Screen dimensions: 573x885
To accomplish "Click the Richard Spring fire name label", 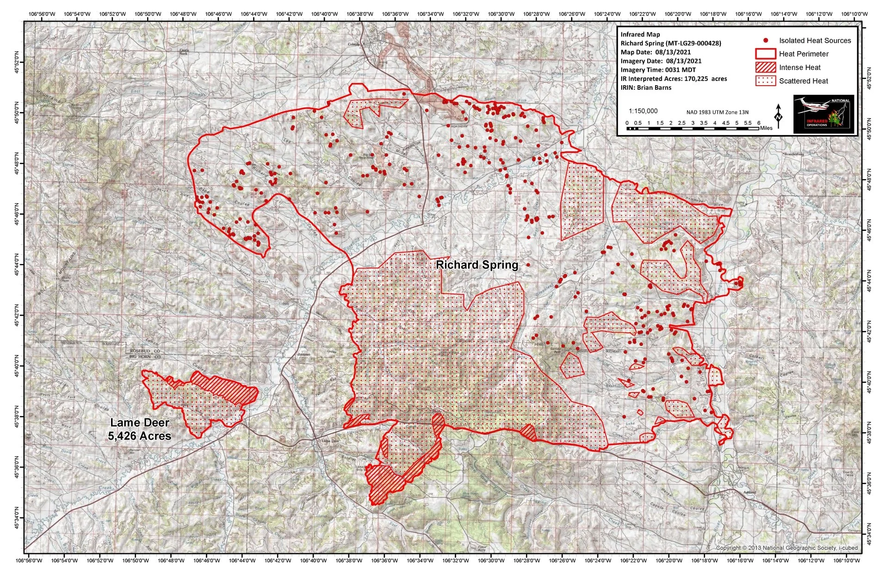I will click(x=477, y=265).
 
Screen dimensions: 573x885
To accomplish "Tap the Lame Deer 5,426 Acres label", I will click(x=139, y=429).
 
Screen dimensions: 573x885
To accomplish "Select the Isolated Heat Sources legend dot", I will click(x=766, y=41).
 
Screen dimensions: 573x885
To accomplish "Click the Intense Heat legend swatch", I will click(x=765, y=67).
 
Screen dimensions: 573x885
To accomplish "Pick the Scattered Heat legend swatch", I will click(x=765, y=81).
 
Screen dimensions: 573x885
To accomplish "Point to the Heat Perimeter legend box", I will click(x=765, y=54).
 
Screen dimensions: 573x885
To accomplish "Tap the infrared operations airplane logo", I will click(x=823, y=114).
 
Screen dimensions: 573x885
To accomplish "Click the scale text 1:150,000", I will click(x=643, y=111).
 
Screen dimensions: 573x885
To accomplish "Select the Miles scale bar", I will click(x=693, y=128).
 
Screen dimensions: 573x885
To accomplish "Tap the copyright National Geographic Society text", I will click(x=786, y=548).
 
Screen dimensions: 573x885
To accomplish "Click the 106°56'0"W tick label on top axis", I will click(x=39, y=14).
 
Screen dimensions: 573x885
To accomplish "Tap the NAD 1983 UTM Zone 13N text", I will click(x=717, y=112).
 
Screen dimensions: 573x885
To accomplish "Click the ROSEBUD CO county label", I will click(x=145, y=351).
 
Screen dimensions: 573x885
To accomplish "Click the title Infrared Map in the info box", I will click(x=640, y=35).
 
